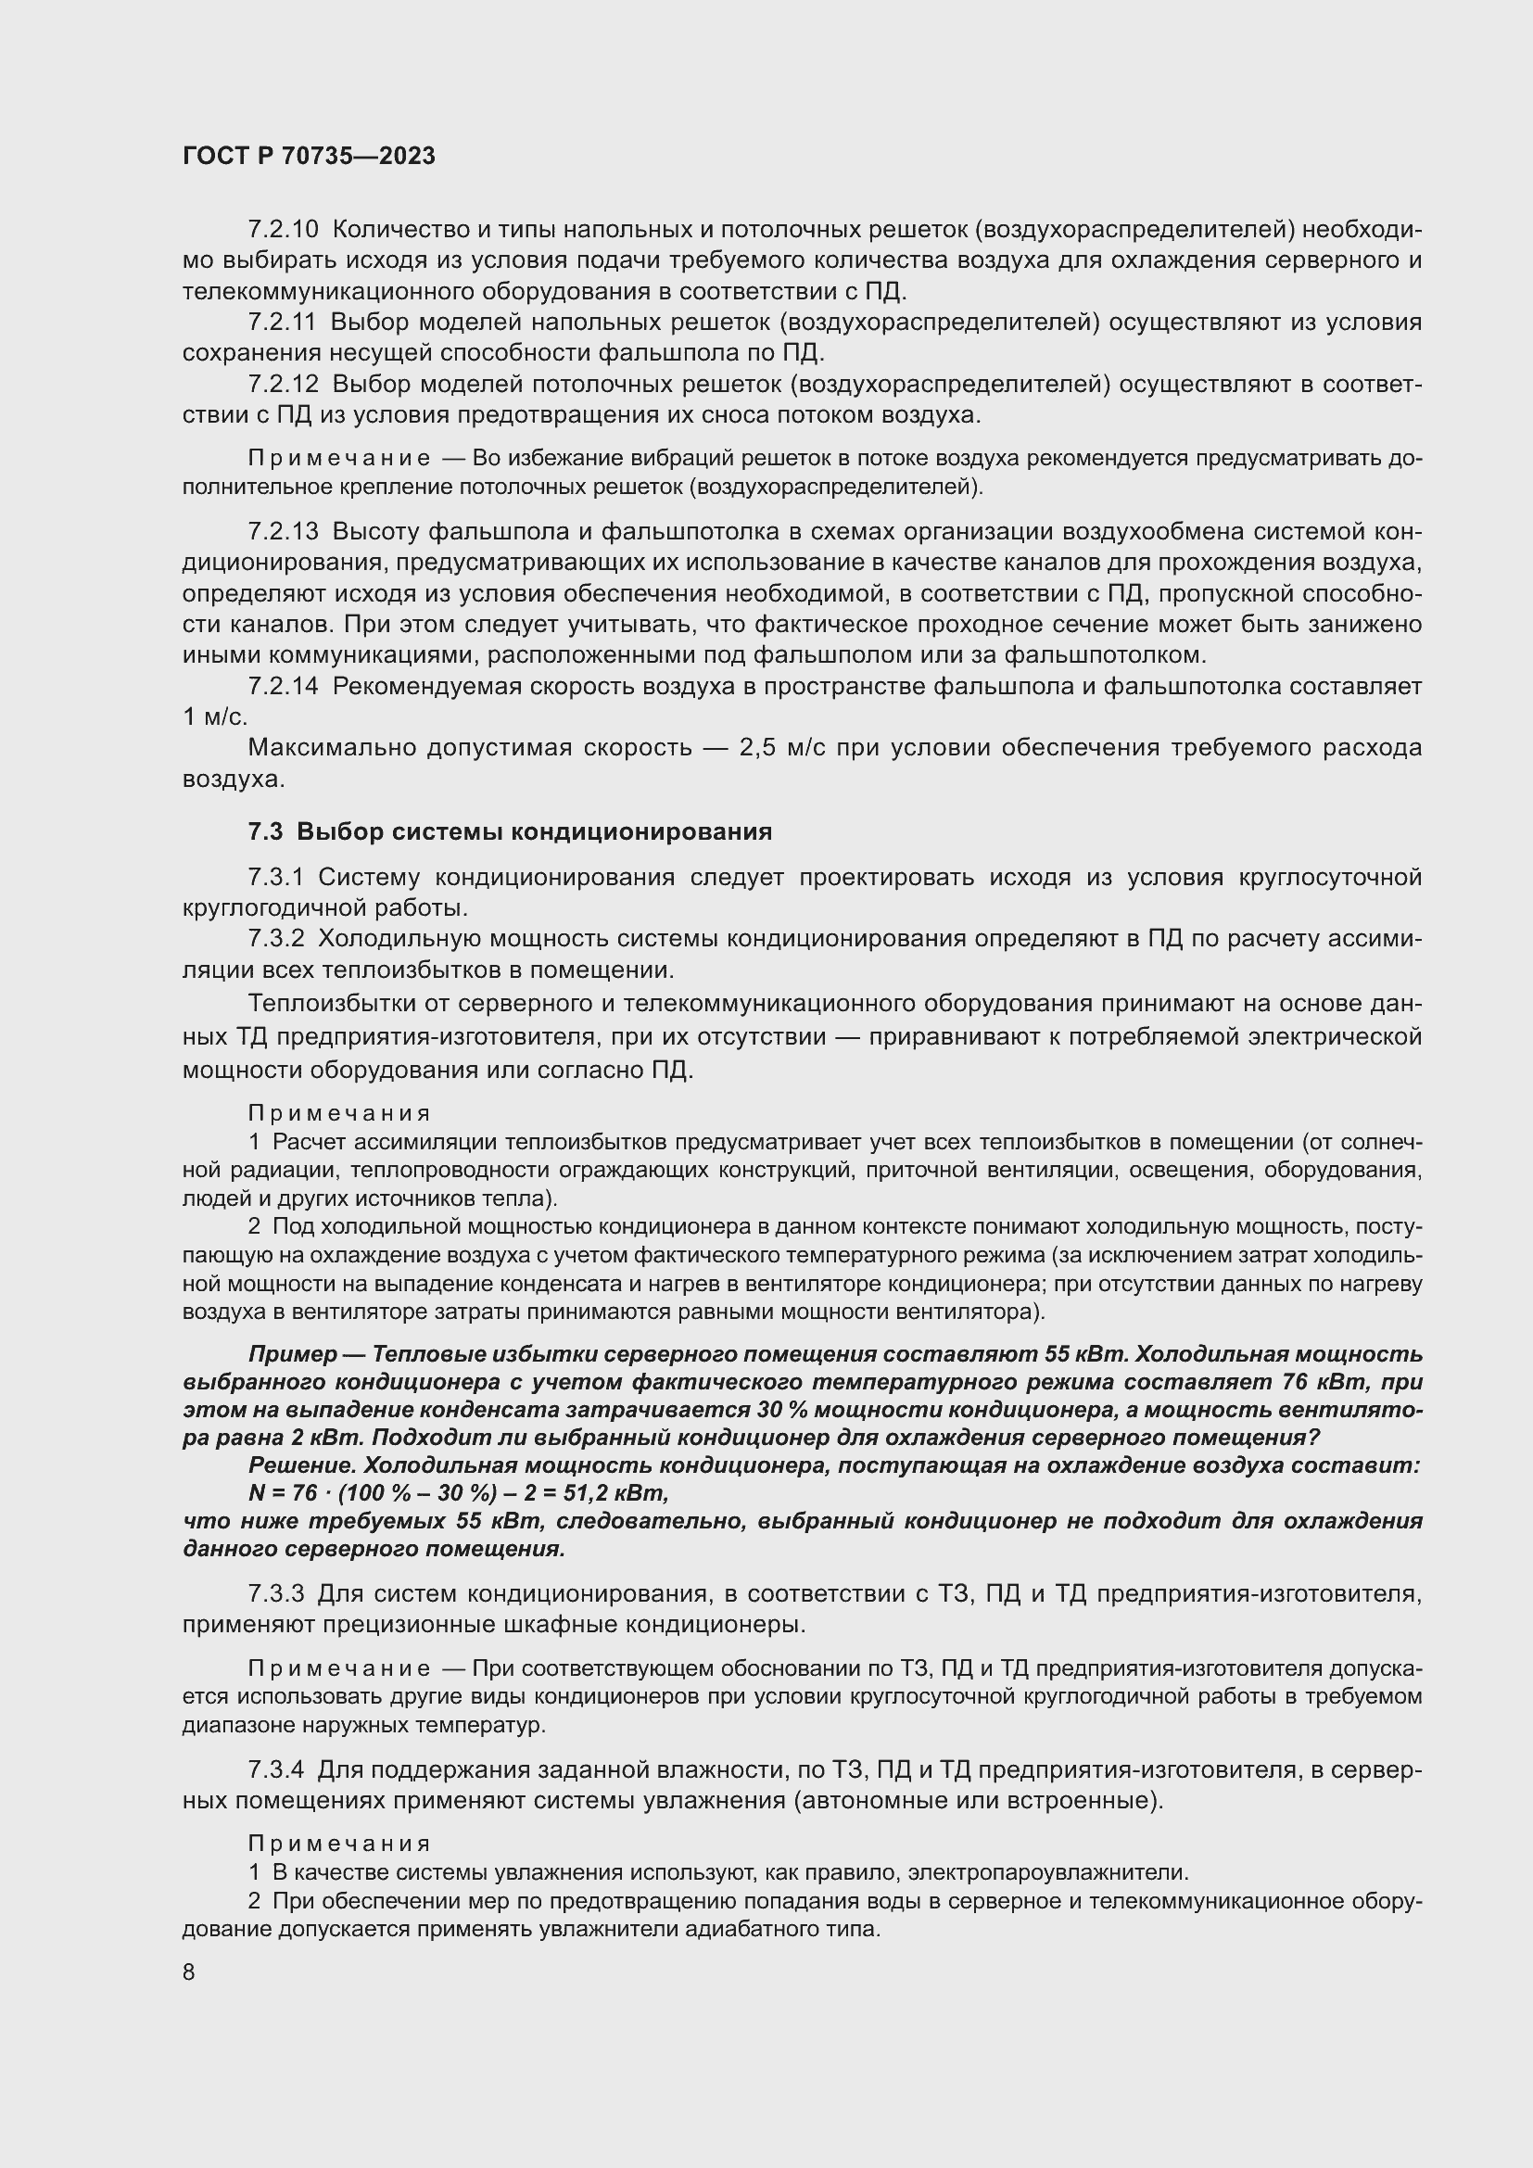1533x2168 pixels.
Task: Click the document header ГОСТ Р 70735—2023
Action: pos(309,157)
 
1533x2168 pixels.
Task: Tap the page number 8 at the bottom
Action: pos(189,1971)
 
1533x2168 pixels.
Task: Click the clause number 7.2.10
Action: pos(284,230)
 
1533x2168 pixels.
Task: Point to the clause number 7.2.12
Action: pos(284,385)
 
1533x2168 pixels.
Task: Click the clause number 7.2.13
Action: pos(284,532)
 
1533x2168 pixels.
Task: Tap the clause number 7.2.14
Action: pos(284,687)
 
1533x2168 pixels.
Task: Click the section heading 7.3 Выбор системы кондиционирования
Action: pos(510,830)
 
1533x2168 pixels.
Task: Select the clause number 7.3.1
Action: pos(275,877)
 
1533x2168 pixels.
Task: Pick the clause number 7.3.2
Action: pos(275,939)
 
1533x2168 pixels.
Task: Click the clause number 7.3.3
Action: pos(275,1594)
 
